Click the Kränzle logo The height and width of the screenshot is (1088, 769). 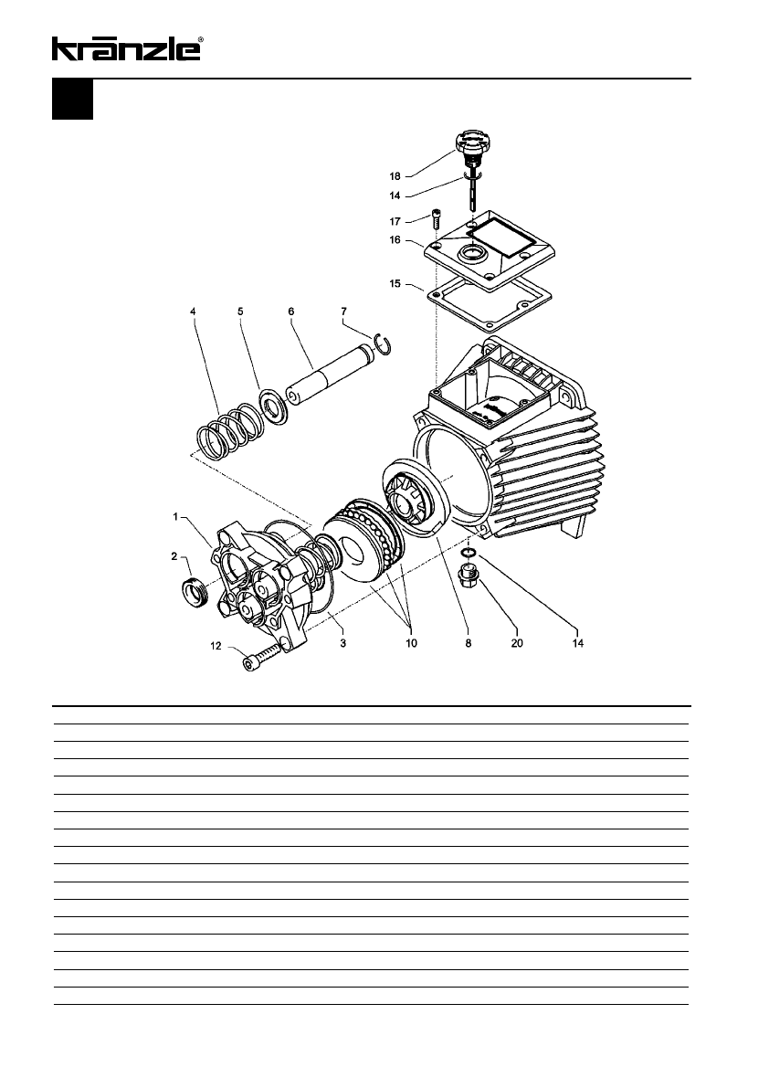[127, 48]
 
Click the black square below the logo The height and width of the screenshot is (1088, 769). [72, 100]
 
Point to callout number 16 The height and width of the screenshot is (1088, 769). [395, 241]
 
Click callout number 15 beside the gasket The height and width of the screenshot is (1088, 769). [395, 283]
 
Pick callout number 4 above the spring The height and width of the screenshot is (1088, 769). [193, 312]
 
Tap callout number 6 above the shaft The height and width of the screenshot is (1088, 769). [291, 312]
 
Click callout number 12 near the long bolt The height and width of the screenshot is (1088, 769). [216, 646]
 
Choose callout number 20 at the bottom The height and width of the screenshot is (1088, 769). [515, 642]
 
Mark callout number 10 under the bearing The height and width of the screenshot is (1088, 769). [411, 642]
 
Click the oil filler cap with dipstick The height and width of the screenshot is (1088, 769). [472, 151]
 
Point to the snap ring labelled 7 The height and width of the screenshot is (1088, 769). [386, 344]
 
